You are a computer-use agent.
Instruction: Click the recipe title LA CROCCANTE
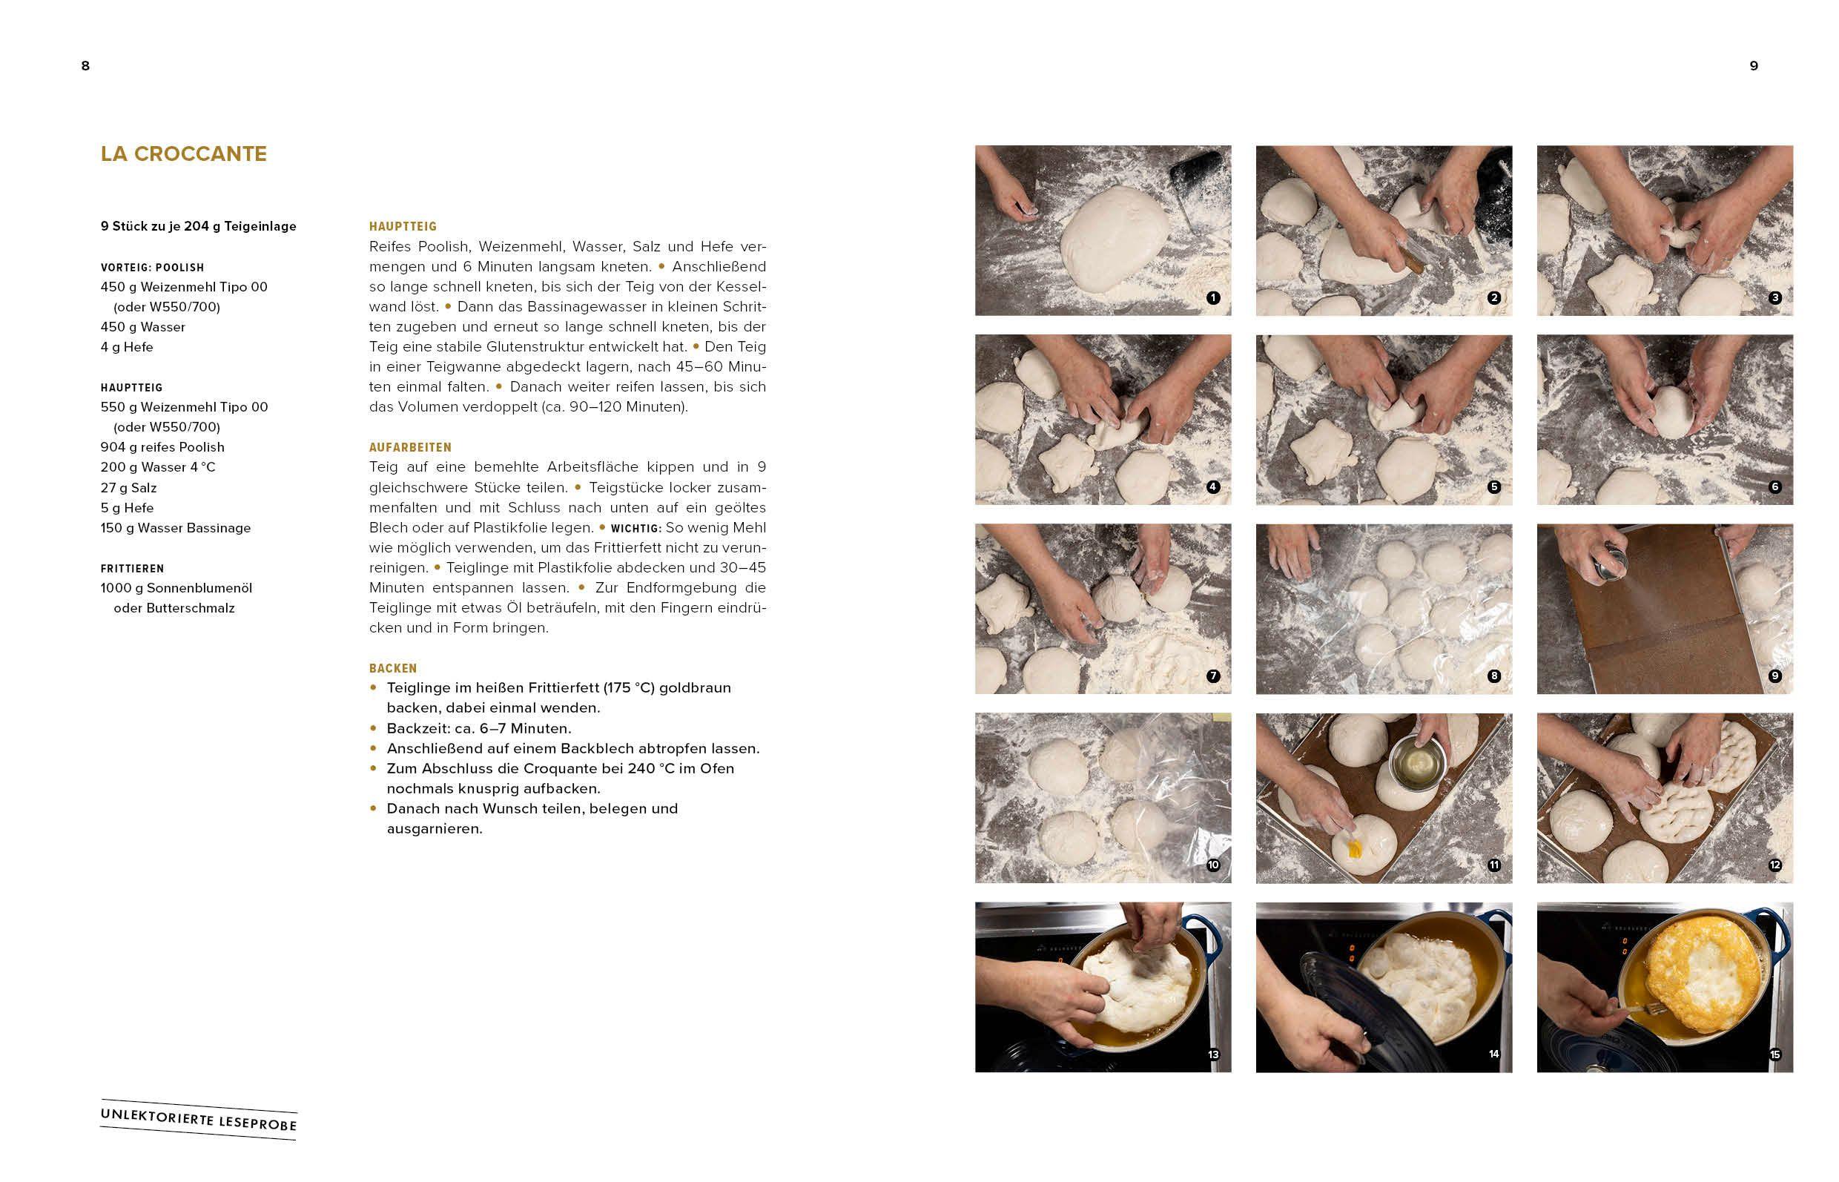click(183, 153)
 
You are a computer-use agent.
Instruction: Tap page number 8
click(85, 66)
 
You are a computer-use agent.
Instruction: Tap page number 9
click(1753, 66)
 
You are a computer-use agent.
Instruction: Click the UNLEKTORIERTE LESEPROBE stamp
click(198, 1119)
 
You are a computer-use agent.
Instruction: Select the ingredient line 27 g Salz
click(128, 487)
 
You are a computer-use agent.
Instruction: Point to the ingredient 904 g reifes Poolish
click(162, 446)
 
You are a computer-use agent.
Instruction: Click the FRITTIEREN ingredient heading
click(132, 569)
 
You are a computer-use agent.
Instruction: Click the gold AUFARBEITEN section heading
click(410, 447)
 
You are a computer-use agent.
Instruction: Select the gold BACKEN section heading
click(393, 669)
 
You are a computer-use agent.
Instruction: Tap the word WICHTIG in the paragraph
click(635, 529)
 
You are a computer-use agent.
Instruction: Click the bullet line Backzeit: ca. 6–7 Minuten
click(478, 728)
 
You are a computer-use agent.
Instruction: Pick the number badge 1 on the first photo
click(1212, 298)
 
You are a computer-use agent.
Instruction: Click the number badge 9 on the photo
click(1774, 676)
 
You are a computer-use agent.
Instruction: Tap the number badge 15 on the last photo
click(1774, 1054)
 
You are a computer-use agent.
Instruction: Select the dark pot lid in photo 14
click(1335, 998)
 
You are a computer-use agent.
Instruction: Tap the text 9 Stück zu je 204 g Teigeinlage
click(198, 226)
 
